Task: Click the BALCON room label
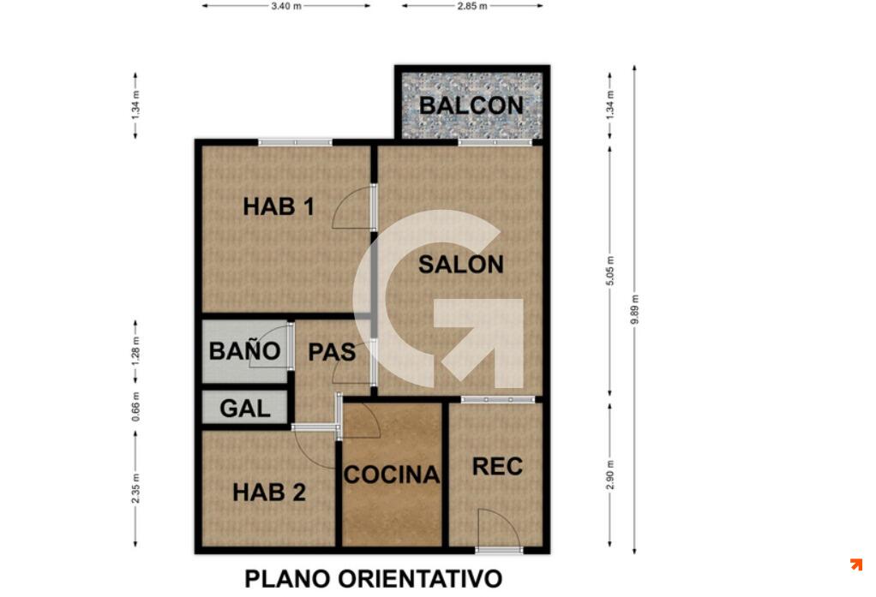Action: (x=471, y=105)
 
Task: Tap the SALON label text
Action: (x=461, y=264)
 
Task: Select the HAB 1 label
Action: (x=279, y=206)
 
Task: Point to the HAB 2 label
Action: (x=269, y=492)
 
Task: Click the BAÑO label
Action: (x=244, y=350)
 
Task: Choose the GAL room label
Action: (x=245, y=409)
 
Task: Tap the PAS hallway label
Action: (x=332, y=352)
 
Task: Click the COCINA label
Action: (x=392, y=475)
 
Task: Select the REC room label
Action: (x=497, y=466)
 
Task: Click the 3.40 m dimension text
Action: (x=286, y=6)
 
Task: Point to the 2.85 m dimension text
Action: (x=472, y=6)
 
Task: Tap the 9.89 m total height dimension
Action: (x=634, y=309)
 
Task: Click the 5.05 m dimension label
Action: (x=610, y=271)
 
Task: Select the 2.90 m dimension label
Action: (x=610, y=475)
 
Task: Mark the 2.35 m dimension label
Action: (x=135, y=488)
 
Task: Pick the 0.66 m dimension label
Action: (x=135, y=407)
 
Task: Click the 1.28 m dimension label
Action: (x=135, y=352)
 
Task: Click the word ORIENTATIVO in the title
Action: (x=419, y=578)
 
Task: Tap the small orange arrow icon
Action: (x=856, y=564)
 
